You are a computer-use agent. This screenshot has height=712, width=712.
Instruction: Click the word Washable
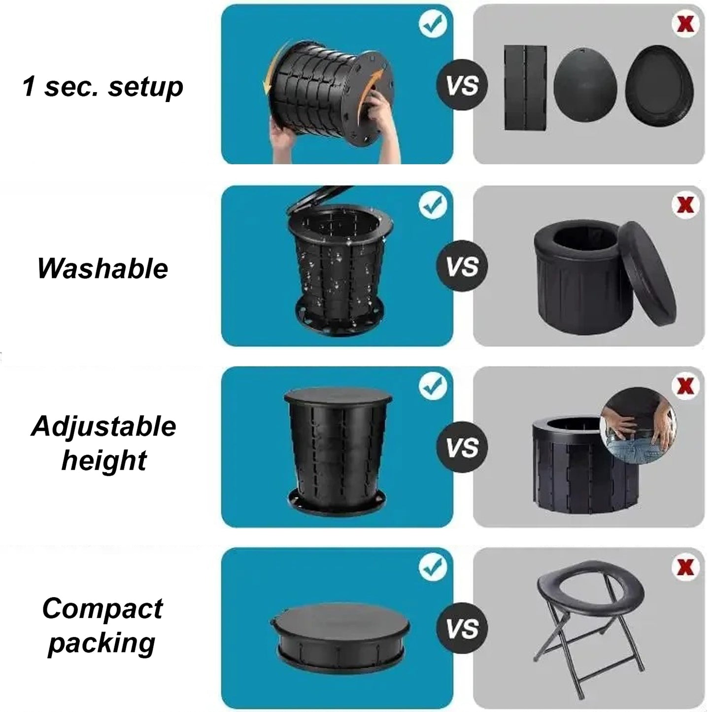point(102,269)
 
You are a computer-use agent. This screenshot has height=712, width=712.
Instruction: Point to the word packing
point(101,644)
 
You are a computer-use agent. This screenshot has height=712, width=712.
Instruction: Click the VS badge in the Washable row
point(462,266)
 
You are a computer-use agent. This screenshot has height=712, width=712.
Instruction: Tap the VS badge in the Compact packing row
point(462,628)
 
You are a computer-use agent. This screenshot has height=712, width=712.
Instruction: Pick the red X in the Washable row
point(685,204)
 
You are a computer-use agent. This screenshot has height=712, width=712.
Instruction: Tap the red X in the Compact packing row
point(685,567)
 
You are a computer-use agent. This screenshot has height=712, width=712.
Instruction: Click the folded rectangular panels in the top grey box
point(525,88)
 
